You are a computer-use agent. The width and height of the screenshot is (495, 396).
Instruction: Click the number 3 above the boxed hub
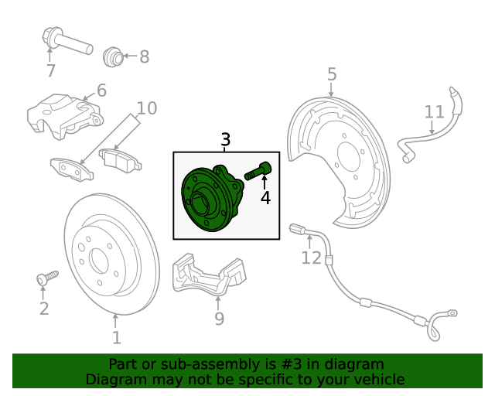point(225,140)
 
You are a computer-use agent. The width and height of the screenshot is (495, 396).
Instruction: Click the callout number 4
point(265,198)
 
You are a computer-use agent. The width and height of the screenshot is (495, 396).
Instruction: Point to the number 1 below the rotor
point(116,338)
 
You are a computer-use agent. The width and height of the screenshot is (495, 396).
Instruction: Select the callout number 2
point(43,309)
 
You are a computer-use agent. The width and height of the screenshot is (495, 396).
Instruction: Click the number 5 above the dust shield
point(332,74)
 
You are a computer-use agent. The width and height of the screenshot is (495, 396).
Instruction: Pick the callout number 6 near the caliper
point(101,90)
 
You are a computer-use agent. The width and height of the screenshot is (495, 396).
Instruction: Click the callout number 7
point(51,71)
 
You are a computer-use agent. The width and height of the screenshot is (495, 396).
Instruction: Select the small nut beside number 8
point(113,56)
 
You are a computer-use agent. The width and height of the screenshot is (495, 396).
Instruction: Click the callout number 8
point(144,56)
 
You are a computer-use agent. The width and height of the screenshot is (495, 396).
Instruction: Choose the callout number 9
point(219,319)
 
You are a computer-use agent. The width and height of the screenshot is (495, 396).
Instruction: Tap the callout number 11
point(435,112)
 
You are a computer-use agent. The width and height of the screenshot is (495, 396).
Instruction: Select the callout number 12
point(311,258)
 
